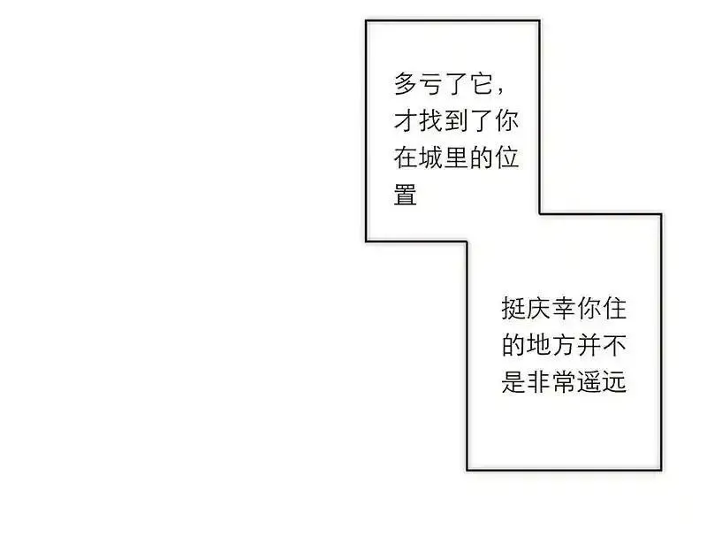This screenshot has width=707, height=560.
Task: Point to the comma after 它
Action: click(501, 91)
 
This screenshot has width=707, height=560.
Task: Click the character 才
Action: click(405, 121)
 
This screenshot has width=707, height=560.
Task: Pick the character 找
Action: click(430, 121)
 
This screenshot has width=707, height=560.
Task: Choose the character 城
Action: click(430, 158)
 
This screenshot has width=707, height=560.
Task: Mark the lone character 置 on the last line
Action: click(405, 196)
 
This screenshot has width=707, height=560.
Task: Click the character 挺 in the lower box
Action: click(513, 309)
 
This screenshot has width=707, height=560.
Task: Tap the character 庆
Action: click(539, 309)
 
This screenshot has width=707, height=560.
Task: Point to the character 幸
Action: click(564, 309)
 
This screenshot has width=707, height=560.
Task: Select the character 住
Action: click(614, 309)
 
